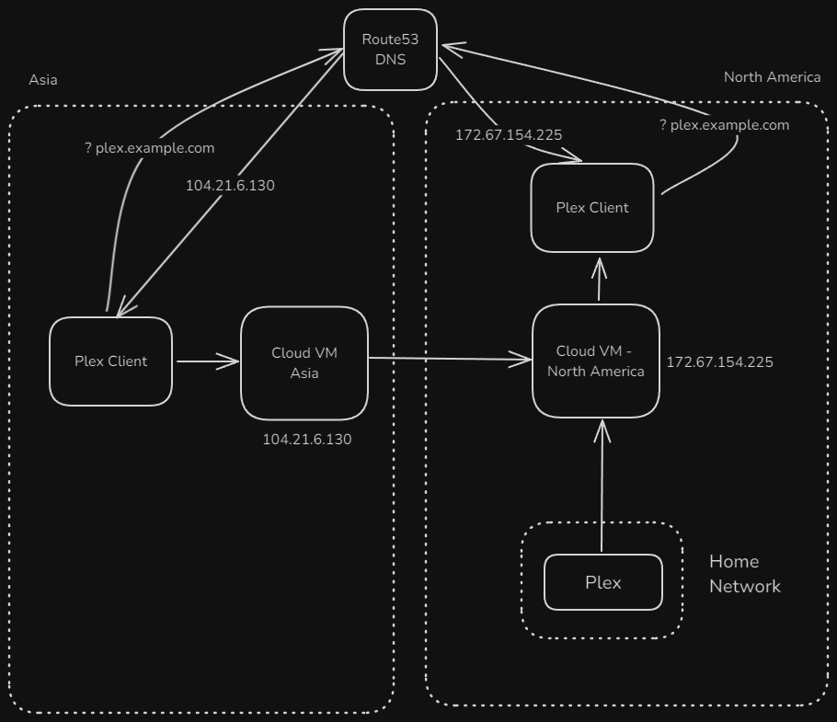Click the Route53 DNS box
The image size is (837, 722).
tap(390, 50)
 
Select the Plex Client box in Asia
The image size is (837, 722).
tap(110, 361)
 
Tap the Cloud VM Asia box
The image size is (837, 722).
tap(304, 363)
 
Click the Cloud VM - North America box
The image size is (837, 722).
tap(596, 361)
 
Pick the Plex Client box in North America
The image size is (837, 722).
tap(592, 208)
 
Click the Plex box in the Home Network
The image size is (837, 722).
tap(603, 582)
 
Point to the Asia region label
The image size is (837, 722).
tap(43, 80)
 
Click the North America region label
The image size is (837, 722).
tap(772, 77)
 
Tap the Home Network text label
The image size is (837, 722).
tap(744, 574)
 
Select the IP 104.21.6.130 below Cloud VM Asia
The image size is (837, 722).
tap(307, 440)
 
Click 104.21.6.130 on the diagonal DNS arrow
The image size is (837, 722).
tap(230, 186)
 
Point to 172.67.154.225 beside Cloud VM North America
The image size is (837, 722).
tap(719, 362)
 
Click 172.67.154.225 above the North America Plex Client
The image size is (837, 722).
tap(509, 135)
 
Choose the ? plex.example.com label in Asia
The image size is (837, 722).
tap(149, 148)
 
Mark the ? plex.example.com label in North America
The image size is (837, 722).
tap(724, 125)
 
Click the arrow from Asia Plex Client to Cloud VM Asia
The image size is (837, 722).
tap(207, 361)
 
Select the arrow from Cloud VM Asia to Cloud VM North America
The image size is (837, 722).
tap(451, 360)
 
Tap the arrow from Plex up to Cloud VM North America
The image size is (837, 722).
tap(602, 487)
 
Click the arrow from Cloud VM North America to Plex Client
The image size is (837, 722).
tap(600, 281)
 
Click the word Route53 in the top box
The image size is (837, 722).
tap(390, 40)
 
